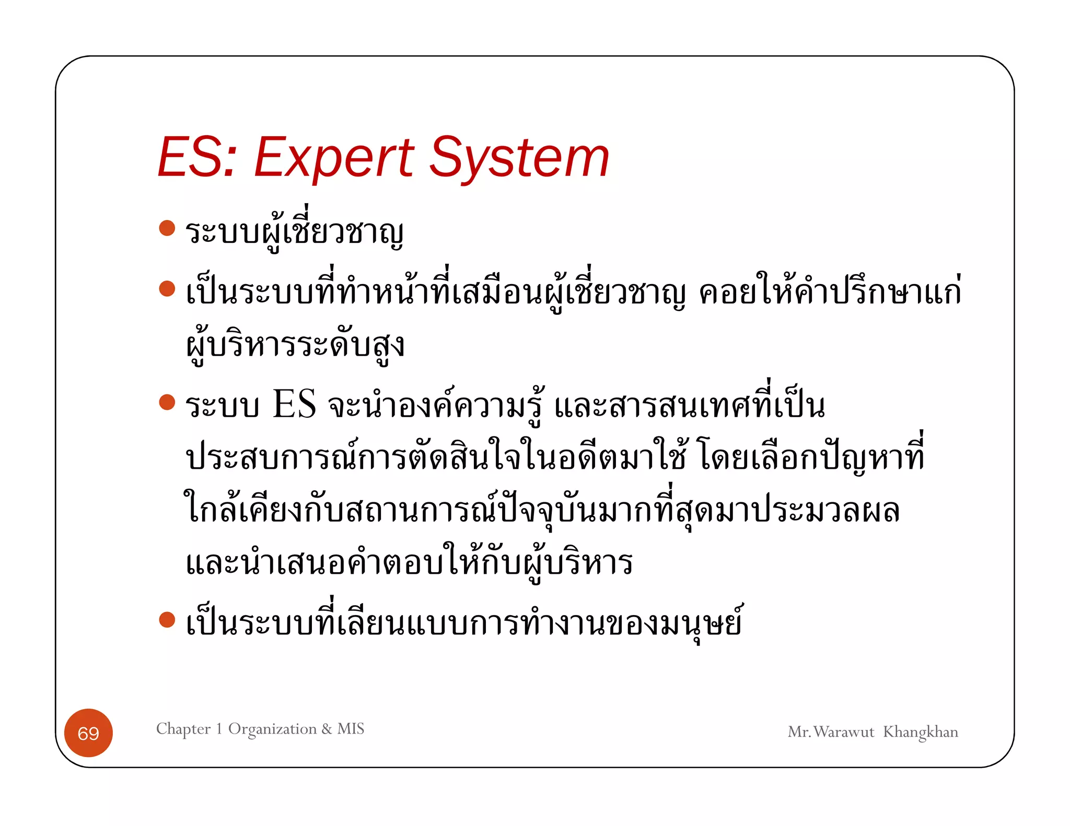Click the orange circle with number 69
point(88,733)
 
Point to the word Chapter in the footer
point(183,729)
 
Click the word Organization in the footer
point(272,729)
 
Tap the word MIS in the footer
point(351,728)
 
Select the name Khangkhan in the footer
point(920,732)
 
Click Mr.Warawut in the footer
point(831,732)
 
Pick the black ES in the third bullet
point(294,405)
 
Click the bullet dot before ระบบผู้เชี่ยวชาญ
point(167,228)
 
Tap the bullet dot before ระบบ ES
point(167,402)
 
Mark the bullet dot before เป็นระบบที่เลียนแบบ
point(167,620)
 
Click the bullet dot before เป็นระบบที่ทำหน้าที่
point(167,288)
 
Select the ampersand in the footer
point(327,729)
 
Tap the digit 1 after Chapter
point(219,729)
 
